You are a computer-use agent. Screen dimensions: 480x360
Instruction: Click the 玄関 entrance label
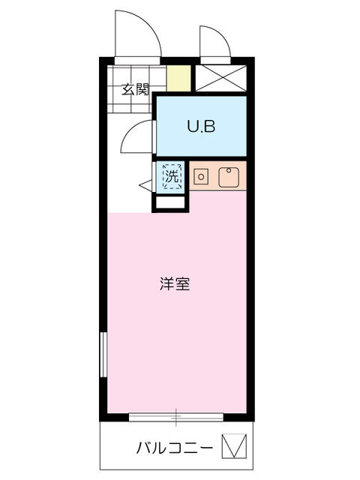click(136, 90)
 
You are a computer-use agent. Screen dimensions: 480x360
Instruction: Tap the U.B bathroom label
click(201, 127)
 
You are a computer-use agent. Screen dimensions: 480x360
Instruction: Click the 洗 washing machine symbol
click(172, 178)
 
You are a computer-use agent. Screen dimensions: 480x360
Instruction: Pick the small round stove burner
click(200, 177)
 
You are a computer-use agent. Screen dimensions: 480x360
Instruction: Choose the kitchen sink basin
click(228, 177)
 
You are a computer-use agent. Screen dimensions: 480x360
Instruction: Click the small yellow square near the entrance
click(178, 78)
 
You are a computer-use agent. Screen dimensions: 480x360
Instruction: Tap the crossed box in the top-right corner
click(221, 78)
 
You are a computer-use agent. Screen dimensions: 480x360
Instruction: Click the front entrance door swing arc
click(137, 34)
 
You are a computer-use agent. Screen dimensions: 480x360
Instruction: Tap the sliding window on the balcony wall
click(177, 415)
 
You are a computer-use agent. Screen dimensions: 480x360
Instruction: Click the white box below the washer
click(169, 202)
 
